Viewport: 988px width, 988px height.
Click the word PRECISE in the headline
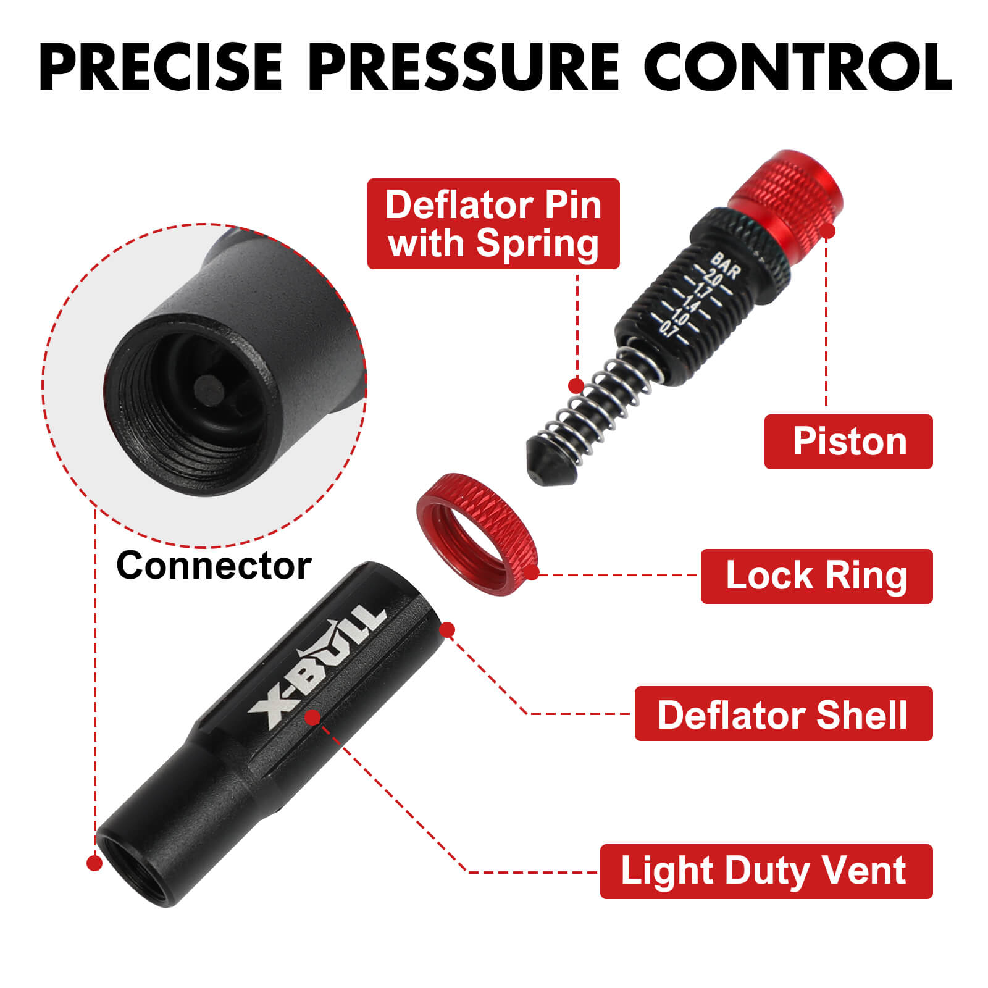tap(162, 67)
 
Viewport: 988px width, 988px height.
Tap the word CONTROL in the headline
tap(798, 67)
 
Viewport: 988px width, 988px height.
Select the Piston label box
tap(848, 442)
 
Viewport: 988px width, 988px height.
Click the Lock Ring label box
tap(816, 576)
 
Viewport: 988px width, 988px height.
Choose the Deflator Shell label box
tap(783, 714)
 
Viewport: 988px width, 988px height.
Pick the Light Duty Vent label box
tap(766, 871)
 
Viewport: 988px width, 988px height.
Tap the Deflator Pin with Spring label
tap(493, 224)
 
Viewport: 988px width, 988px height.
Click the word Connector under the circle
tap(214, 566)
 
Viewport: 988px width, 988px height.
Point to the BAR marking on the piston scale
tap(726, 266)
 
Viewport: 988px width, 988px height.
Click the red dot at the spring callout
tap(576, 386)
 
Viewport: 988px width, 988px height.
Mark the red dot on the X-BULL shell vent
tap(313, 717)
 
